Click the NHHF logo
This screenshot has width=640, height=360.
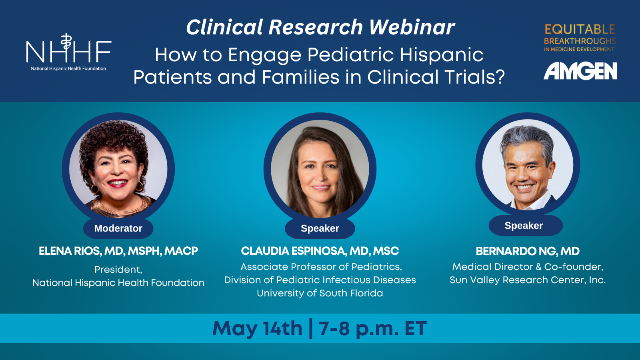[68, 52]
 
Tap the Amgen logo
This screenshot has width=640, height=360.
[580, 71]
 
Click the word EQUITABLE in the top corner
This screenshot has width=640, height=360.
[580, 29]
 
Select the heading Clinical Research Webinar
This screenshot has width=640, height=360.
[320, 28]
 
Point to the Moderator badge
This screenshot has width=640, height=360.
[118, 228]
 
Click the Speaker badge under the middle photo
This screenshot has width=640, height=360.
[320, 228]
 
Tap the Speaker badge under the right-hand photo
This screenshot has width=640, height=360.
[524, 226]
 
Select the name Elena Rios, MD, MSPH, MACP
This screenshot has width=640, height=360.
[118, 251]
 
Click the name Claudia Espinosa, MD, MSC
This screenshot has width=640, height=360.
[320, 251]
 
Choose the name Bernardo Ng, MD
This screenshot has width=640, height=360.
[527, 251]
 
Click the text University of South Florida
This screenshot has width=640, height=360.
[320, 293]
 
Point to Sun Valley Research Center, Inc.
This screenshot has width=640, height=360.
[527, 280]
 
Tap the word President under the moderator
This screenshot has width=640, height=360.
[118, 270]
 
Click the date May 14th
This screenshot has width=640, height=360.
[257, 329]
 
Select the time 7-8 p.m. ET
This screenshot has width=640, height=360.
[372, 329]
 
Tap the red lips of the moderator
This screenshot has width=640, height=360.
[117, 183]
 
